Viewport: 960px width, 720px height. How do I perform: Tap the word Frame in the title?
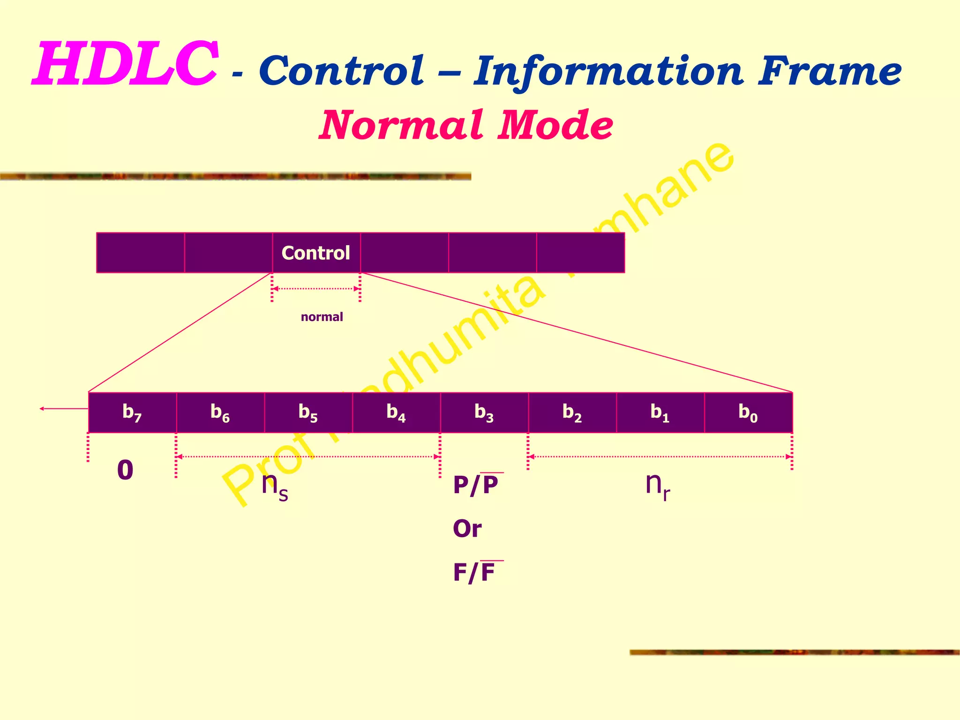pos(829,71)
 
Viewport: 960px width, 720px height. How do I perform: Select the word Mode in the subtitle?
pos(555,125)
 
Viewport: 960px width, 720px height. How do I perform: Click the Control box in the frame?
pos(316,253)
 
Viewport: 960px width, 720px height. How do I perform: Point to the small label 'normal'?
pos(322,317)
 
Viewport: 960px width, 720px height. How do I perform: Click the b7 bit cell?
pos(132,412)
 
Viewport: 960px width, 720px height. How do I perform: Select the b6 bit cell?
pos(220,412)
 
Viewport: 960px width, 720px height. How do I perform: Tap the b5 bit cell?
pos(308,412)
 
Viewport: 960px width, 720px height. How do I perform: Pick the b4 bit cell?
pos(396,412)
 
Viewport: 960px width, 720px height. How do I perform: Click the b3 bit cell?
pos(484,412)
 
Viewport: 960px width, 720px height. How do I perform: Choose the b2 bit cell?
pos(572,412)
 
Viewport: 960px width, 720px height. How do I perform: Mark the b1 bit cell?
pos(660,412)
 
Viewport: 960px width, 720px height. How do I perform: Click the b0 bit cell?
pos(748,412)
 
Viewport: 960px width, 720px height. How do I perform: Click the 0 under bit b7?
pos(125,470)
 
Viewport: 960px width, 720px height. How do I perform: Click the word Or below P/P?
pos(467,529)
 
